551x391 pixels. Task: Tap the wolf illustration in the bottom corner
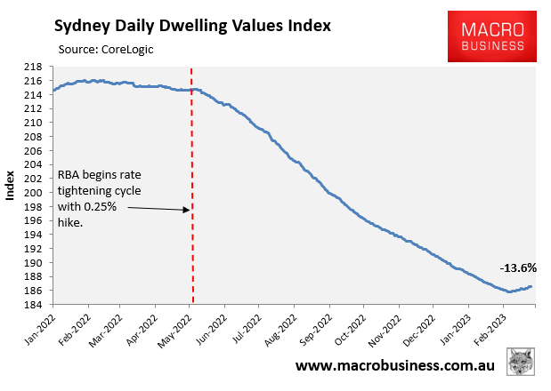tap(521, 363)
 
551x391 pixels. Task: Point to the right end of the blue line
tap(531, 286)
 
